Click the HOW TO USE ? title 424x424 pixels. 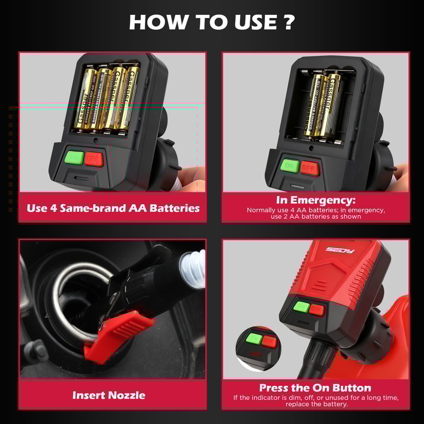(212, 22)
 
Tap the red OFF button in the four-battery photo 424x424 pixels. (94, 158)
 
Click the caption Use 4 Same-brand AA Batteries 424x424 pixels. (113, 208)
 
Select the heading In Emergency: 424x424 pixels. (315, 200)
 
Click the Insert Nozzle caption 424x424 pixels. (109, 395)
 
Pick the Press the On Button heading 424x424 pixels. (315, 387)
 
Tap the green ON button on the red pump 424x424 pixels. (302, 306)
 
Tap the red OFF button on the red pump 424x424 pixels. (317, 308)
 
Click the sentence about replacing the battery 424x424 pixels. (315, 401)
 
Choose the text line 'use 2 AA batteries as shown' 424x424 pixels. (315, 216)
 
